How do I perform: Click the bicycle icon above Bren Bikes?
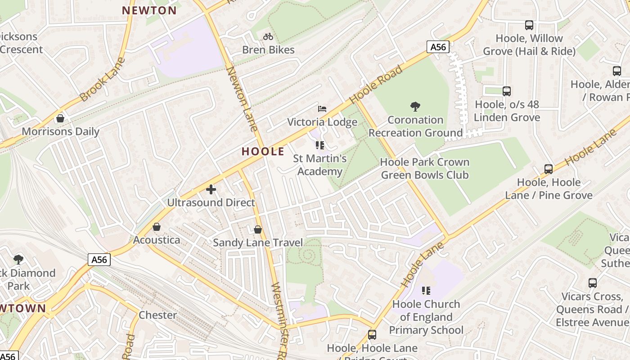tap(268, 36)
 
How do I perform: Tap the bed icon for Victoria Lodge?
tap(322, 109)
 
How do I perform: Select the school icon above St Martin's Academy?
tap(320, 145)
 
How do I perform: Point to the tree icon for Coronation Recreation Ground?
tap(415, 107)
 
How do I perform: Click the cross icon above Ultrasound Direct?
tap(211, 189)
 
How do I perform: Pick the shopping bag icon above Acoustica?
tap(157, 227)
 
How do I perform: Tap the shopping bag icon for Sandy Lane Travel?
tap(258, 229)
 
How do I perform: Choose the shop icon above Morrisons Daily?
tap(60, 118)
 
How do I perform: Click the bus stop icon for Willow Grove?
tap(529, 25)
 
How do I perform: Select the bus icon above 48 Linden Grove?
tap(507, 91)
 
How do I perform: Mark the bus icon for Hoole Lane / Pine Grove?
tap(549, 169)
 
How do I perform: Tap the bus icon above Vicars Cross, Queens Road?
tap(593, 283)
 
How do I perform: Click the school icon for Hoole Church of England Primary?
tap(426, 291)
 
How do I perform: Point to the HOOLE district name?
tap(263, 151)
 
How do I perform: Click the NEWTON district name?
tap(149, 10)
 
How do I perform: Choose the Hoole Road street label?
tap(376, 84)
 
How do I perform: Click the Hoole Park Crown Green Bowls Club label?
tap(425, 168)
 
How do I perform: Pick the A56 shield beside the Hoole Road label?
tap(438, 47)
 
